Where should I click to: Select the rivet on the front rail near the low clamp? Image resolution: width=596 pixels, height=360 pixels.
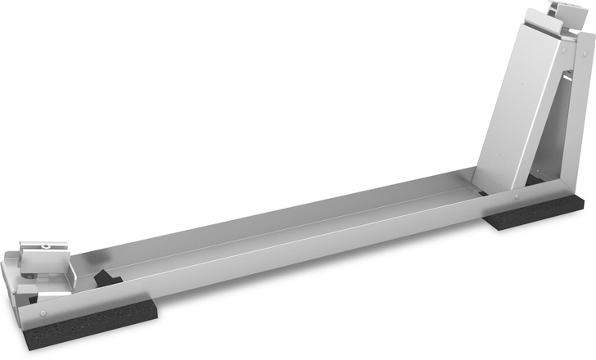[x=43, y=312]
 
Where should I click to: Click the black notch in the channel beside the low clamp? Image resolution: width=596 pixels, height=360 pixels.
[x=106, y=278]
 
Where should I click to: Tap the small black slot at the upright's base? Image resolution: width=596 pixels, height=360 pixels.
[x=483, y=193]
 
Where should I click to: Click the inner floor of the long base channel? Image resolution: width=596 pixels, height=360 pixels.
[x=287, y=229]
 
